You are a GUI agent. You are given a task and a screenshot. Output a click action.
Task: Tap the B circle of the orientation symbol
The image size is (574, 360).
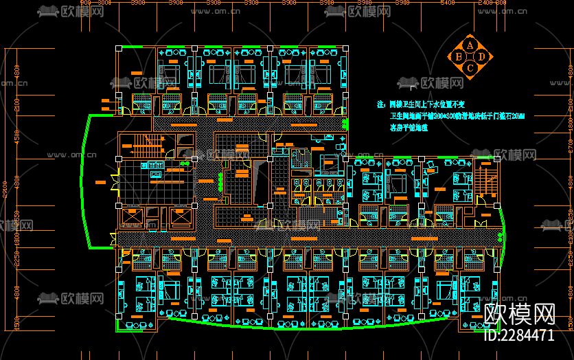(459, 56)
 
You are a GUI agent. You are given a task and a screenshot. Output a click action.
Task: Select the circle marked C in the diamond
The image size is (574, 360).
(470, 67)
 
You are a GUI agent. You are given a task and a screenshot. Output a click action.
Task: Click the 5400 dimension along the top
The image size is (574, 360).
(447, 3)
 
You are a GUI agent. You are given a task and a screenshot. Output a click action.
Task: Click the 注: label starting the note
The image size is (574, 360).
(382, 106)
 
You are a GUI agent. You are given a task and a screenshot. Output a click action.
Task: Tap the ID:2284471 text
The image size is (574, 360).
(519, 336)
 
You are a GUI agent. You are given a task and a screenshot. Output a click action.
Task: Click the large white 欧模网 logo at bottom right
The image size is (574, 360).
(519, 315)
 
